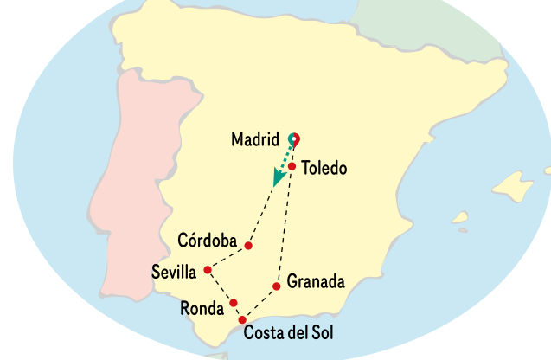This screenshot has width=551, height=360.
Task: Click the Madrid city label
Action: tap(255, 139)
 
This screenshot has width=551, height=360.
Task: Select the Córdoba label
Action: tap(208, 239)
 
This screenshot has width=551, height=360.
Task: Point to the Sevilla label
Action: tap(174, 271)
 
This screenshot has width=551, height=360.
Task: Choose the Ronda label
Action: tap(202, 308)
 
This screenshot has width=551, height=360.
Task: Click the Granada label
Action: tap(316, 282)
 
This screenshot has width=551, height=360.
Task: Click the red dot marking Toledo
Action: tap(292, 166)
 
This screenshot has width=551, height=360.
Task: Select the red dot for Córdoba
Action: tap(248, 246)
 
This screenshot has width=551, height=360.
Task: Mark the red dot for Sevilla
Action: tap(208, 270)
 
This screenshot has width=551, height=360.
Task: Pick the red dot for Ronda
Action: tap(234, 303)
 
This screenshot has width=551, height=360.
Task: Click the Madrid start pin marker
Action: tap(294, 138)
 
